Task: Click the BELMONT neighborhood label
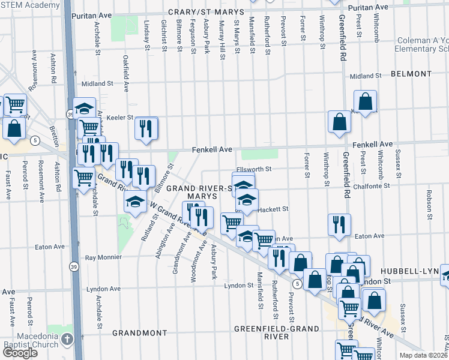(411, 74)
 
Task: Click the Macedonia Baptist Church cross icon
(68, 340)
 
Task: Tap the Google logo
(19, 353)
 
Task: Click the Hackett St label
(274, 209)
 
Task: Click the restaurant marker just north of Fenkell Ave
(146, 128)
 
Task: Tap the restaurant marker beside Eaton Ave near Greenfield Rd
(339, 224)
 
